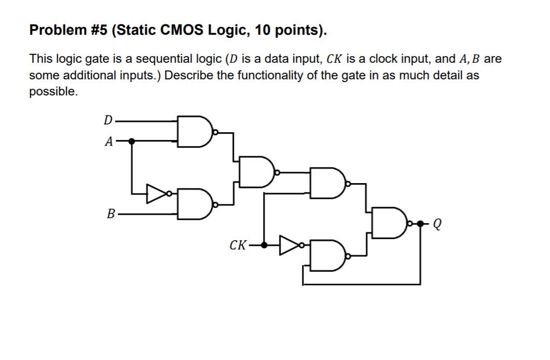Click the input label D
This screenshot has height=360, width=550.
pyautogui.click(x=107, y=120)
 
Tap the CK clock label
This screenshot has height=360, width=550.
pyautogui.click(x=238, y=245)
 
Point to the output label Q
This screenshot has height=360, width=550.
pyautogui.click(x=437, y=224)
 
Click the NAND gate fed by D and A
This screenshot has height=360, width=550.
pyautogui.click(x=194, y=130)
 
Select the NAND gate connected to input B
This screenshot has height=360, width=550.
pyautogui.click(x=194, y=203)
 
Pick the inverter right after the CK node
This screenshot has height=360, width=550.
pyautogui.click(x=288, y=245)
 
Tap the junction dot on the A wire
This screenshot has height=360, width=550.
pyautogui.click(x=132, y=141)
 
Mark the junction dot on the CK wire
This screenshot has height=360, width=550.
pyautogui.click(x=265, y=245)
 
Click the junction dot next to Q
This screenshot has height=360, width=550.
pyautogui.click(x=420, y=224)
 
